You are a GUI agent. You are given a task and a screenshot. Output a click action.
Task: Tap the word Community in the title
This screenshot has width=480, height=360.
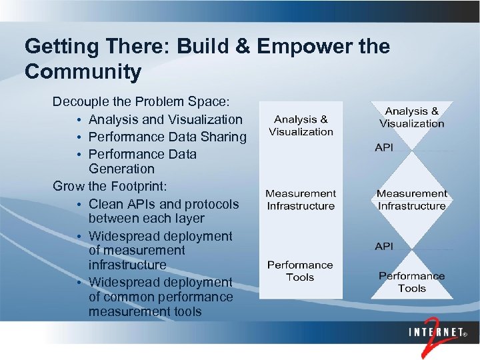83,71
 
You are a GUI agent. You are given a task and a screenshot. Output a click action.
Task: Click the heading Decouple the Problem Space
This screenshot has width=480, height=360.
141,102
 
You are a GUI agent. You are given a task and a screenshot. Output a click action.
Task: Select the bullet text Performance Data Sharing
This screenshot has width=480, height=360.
167,137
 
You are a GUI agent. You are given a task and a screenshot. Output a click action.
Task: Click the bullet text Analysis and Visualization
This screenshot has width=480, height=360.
165,119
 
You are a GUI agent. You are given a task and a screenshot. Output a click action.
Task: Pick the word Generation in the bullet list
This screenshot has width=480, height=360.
121,169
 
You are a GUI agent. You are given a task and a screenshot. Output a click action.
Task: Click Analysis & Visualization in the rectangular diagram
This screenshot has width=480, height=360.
301,125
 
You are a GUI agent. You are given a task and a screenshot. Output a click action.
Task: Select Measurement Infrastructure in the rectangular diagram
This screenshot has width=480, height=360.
301,199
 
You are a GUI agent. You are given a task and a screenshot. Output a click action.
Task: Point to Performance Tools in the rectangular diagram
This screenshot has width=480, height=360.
300,271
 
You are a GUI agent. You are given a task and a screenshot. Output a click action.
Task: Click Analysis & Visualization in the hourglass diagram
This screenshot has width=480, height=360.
412,117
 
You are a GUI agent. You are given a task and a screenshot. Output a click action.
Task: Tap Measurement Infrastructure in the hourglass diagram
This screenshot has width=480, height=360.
411,199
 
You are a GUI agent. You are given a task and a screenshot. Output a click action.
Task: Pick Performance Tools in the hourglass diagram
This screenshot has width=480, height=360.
411,282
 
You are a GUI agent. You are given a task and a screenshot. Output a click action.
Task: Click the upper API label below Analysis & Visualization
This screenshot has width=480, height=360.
384,147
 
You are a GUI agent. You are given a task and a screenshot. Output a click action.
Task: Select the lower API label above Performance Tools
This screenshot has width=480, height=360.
384,247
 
